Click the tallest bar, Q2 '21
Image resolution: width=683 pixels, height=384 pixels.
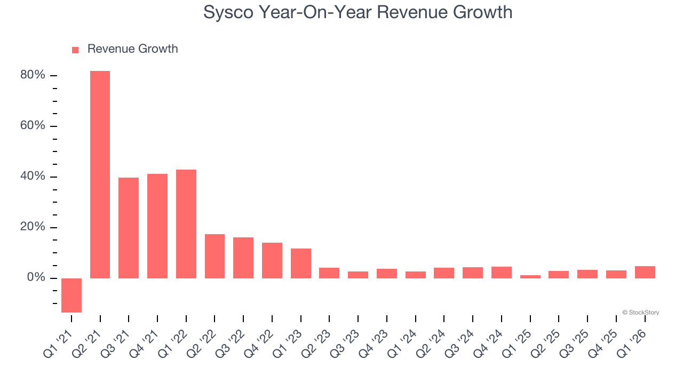pyautogui.click(x=100, y=174)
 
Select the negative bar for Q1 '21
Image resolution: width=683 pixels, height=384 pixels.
pyautogui.click(x=72, y=295)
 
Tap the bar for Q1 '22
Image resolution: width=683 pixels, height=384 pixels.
pyautogui.click(x=186, y=224)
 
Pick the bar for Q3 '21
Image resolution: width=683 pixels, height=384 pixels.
pyautogui.click(x=129, y=228)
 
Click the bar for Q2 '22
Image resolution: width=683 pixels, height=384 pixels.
pyautogui.click(x=215, y=256)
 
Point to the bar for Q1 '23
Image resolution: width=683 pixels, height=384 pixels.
pyautogui.click(x=301, y=263)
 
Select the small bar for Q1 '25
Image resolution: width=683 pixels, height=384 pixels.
pyautogui.click(x=530, y=277)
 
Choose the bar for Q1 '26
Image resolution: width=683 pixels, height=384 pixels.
pyautogui.click(x=645, y=272)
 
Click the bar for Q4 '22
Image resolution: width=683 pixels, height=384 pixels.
pyautogui.click(x=272, y=260)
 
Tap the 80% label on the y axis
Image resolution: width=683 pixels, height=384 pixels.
pyautogui.click(x=33, y=75)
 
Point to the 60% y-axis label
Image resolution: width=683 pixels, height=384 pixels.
pyautogui.click(x=33, y=126)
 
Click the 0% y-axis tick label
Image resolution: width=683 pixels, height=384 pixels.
pyautogui.click(x=36, y=278)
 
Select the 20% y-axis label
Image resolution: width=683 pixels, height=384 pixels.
pyautogui.click(x=33, y=227)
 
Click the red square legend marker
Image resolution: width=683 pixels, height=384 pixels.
pyautogui.click(x=75, y=50)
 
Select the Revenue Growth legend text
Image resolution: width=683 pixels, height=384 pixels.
pyautogui.click(x=132, y=49)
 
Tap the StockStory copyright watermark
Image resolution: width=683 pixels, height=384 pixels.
pyautogui.click(x=640, y=313)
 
